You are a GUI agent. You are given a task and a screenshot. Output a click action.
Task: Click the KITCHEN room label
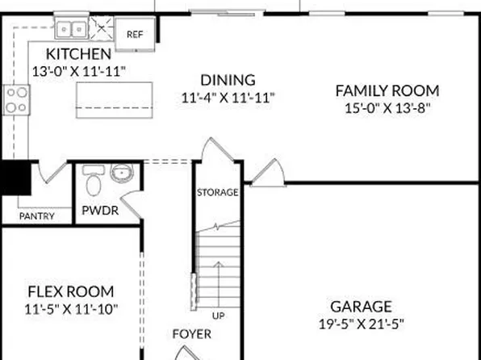click(77, 54)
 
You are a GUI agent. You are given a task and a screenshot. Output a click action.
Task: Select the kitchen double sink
click(70, 29)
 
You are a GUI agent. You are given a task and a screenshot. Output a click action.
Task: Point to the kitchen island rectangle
click(112, 99)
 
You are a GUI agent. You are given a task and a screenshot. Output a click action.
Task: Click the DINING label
click(228, 80)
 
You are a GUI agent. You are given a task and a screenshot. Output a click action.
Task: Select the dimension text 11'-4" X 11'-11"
click(228, 97)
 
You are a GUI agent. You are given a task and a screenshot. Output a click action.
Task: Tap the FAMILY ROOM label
click(387, 90)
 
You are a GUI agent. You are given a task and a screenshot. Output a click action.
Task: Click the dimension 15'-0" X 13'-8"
click(387, 107)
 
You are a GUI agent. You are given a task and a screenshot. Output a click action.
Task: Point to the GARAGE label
click(361, 307)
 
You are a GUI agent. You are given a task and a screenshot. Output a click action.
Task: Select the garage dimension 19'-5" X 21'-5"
click(361, 324)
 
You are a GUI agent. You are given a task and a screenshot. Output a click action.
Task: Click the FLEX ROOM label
click(70, 291)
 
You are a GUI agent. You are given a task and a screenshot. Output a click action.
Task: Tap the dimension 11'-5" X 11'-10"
click(70, 308)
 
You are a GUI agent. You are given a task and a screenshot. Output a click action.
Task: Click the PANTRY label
click(36, 216)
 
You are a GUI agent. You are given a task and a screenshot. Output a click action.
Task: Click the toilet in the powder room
click(93, 182)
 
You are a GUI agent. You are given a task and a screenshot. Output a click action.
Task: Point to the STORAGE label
click(218, 193)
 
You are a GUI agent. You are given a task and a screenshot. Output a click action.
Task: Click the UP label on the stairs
click(218, 315)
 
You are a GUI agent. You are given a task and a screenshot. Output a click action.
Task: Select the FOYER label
click(192, 333)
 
